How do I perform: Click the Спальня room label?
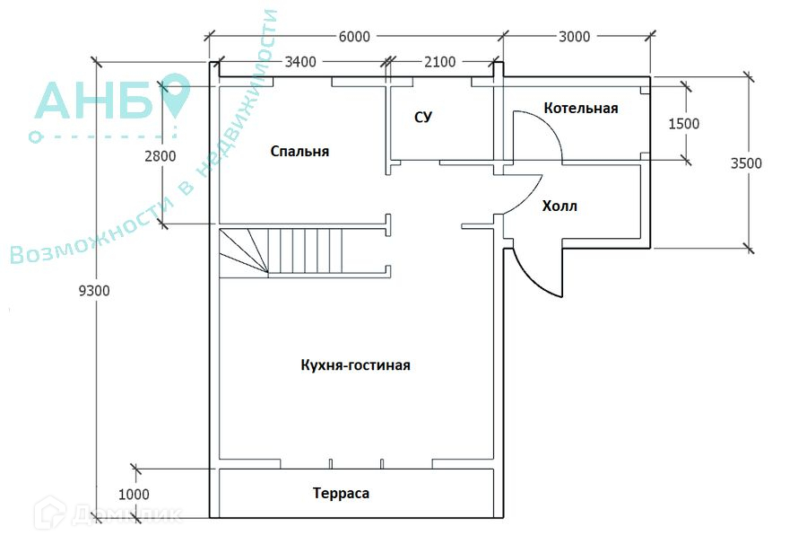[299, 152]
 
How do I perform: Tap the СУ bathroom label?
[423, 118]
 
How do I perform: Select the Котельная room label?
[580, 109]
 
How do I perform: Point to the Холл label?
[560, 206]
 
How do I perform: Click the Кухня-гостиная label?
[355, 365]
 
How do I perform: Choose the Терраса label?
[341, 493]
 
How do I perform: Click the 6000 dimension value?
[354, 37]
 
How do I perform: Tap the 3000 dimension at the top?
[574, 37]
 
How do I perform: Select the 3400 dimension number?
[300, 62]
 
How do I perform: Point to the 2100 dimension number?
[439, 62]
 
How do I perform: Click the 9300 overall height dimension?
[94, 291]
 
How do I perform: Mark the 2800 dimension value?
[161, 155]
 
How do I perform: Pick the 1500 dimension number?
[683, 124]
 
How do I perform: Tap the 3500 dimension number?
[746, 163]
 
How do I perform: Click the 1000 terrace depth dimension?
[134, 495]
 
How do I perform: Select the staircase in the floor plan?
[304, 252]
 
